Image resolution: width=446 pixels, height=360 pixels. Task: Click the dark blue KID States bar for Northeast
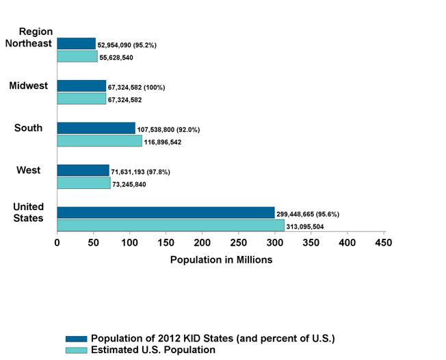[x=76, y=44]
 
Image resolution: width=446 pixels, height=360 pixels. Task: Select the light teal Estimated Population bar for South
[x=99, y=141]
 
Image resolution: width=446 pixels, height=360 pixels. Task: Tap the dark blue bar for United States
[x=166, y=213]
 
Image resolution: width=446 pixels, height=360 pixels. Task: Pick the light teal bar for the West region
[x=83, y=183]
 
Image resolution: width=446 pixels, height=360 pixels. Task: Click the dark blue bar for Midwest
[x=81, y=86]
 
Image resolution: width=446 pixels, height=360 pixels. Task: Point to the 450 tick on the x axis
[x=384, y=242]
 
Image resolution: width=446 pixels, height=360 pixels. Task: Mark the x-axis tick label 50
[x=93, y=242]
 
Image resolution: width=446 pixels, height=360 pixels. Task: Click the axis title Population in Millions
[x=221, y=260]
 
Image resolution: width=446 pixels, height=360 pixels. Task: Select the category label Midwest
[x=28, y=86]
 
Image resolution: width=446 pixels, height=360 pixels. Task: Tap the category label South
[x=28, y=128]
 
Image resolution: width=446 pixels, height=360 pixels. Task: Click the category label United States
[x=29, y=212]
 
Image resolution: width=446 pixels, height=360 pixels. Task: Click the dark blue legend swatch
[x=76, y=339]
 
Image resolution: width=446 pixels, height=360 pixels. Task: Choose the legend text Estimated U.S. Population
[x=153, y=350]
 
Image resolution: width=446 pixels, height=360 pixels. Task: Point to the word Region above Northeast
[x=36, y=31]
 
